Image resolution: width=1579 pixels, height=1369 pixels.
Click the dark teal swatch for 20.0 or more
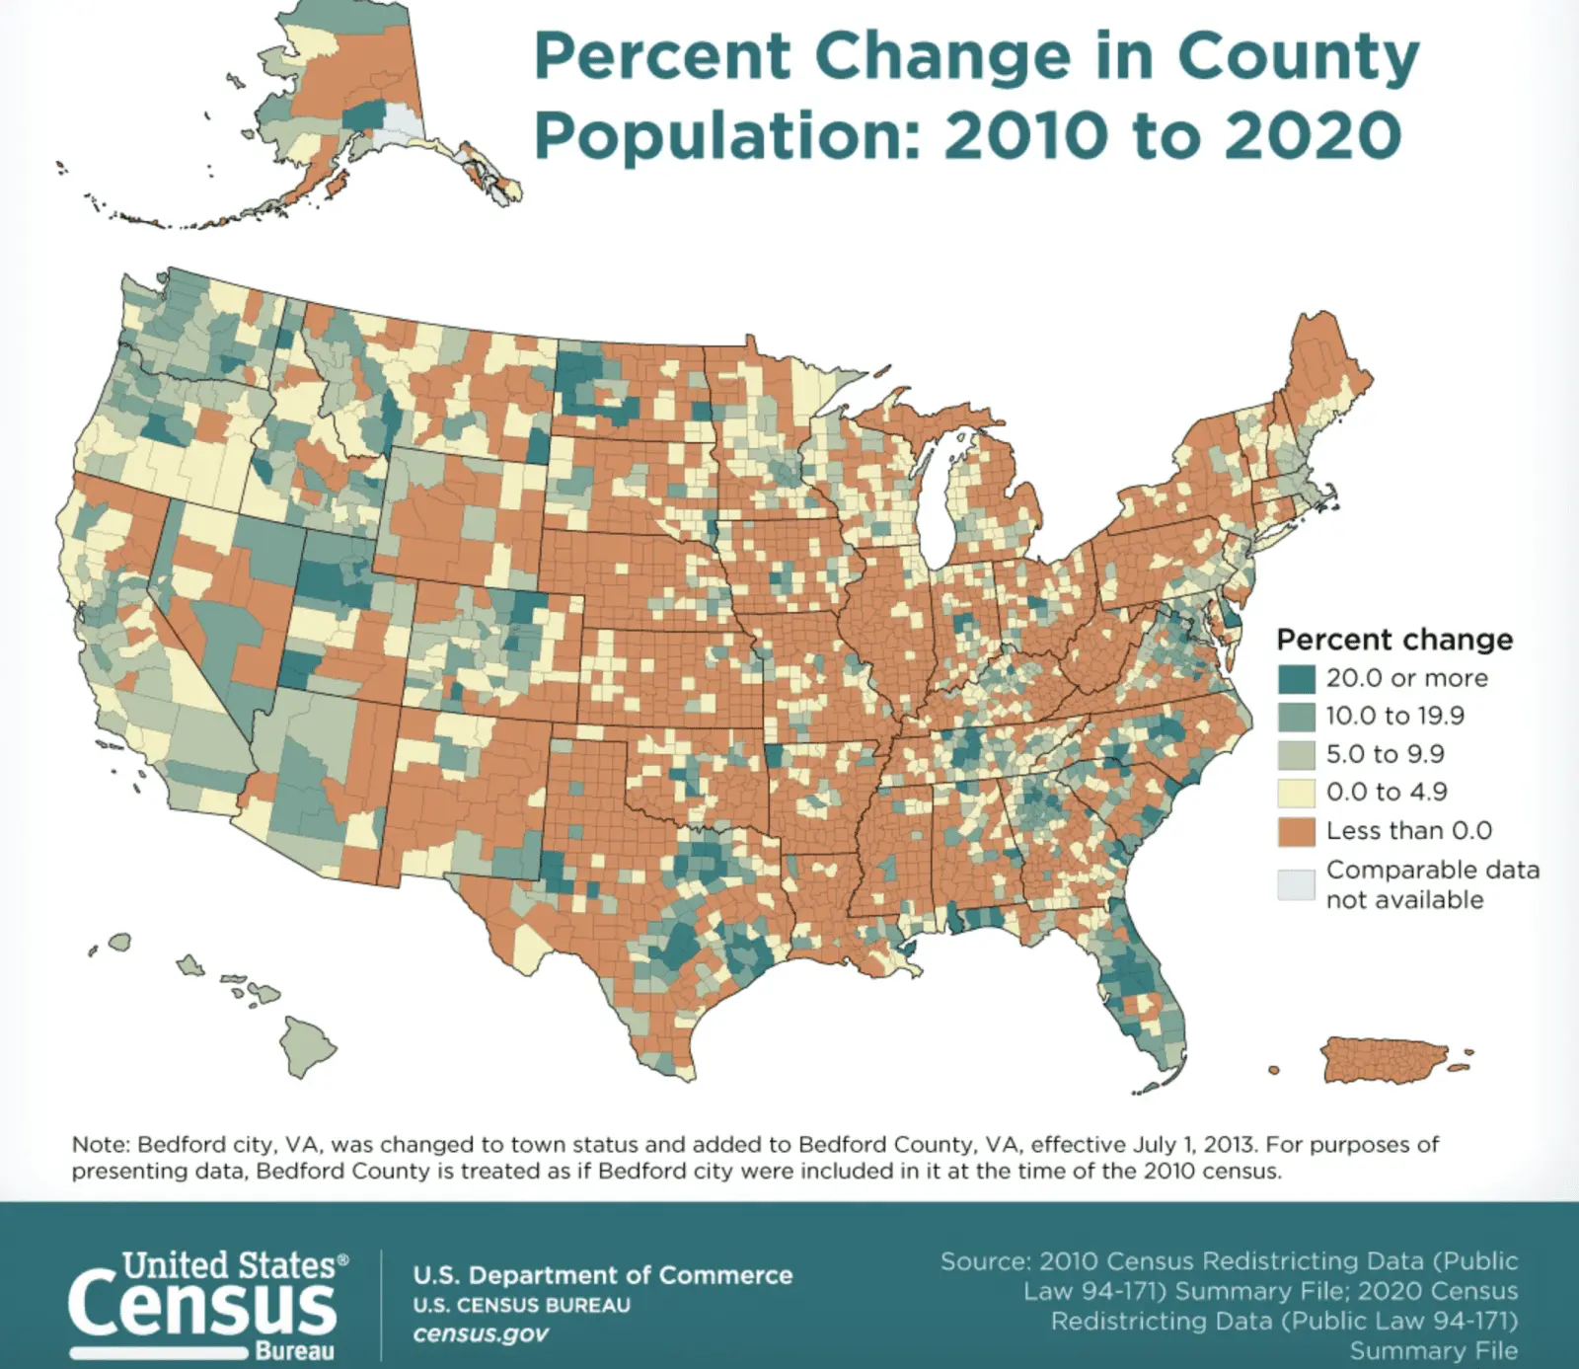(x=1296, y=679)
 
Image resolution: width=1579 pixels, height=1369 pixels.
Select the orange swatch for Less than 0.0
(x=1296, y=831)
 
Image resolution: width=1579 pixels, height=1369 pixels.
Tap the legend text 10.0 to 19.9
(x=1394, y=716)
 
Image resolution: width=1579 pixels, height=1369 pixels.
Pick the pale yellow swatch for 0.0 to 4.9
(x=1296, y=793)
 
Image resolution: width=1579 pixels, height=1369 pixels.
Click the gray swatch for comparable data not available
(x=1296, y=884)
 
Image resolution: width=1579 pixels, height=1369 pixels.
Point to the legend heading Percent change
(x=1393, y=640)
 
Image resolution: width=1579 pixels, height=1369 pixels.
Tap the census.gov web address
(x=481, y=1333)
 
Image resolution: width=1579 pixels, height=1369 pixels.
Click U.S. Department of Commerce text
(x=602, y=1274)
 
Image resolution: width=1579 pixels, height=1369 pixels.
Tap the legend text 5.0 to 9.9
(x=1385, y=754)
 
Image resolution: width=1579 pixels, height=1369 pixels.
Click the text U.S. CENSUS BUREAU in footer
(x=521, y=1305)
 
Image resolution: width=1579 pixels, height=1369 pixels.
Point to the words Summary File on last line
(x=1433, y=1350)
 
